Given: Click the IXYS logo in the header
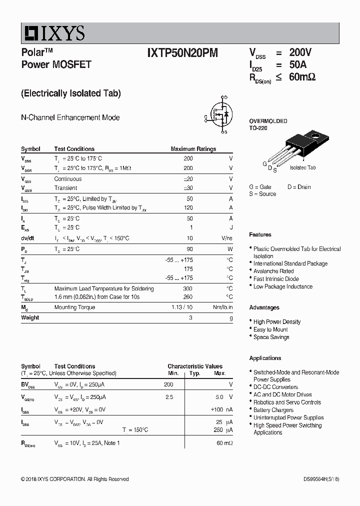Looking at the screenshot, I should coord(52,33).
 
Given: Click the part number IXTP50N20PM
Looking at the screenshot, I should coord(182,53).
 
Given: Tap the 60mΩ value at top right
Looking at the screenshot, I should coord(302,77).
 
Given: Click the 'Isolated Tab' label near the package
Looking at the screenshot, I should coord(302,168).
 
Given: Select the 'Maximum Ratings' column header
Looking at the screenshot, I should coord(193,149).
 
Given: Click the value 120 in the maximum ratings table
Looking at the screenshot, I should coord(188,207).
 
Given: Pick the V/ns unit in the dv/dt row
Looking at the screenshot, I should coord(226,238).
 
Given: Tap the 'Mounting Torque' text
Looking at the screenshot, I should coord(74,307).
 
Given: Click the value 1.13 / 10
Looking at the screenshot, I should coord(182,307).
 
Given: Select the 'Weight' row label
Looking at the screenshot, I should coord(30,317).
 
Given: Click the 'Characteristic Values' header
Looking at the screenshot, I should coord(195,366).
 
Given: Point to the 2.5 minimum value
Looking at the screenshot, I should coord(169,397).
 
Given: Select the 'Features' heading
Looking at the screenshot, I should coord(260,234).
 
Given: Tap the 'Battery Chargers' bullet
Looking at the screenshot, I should coord(273,410).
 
